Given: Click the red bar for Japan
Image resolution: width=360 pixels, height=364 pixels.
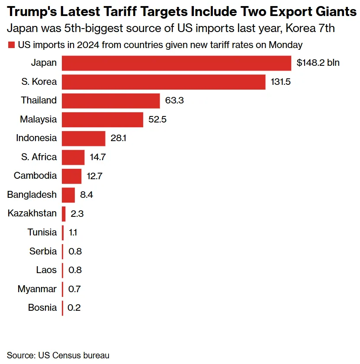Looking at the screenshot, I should [x=176, y=63].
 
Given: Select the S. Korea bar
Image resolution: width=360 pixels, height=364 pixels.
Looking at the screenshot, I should [x=163, y=82].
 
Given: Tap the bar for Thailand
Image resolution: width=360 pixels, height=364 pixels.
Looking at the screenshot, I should [x=111, y=100].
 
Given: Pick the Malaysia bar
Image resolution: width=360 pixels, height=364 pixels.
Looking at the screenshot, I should [x=102, y=119].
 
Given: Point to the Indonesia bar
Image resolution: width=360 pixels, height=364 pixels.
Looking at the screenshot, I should [x=84, y=139].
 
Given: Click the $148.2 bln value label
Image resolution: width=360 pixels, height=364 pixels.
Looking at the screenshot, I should [x=318, y=63].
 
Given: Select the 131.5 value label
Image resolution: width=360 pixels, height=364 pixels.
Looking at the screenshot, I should [x=280, y=82].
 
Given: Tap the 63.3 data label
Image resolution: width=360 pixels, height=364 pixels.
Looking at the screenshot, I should [x=175, y=100].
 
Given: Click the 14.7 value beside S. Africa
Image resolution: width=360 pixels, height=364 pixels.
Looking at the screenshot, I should [x=97, y=157].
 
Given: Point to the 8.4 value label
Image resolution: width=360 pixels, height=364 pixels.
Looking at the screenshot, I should [x=87, y=195].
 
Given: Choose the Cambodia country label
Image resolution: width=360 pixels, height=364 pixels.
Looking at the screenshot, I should [x=35, y=176].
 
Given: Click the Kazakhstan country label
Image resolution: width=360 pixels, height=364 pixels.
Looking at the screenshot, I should [x=32, y=213].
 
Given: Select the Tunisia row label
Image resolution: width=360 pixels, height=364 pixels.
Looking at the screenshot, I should [x=42, y=232].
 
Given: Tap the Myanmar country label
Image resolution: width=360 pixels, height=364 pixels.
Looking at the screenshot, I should [x=37, y=289].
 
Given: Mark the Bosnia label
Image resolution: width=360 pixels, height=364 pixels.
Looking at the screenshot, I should [x=42, y=308].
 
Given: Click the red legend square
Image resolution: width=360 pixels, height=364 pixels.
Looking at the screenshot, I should [x=11, y=45].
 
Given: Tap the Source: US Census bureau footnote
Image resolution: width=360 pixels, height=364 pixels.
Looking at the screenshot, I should [x=58, y=355].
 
